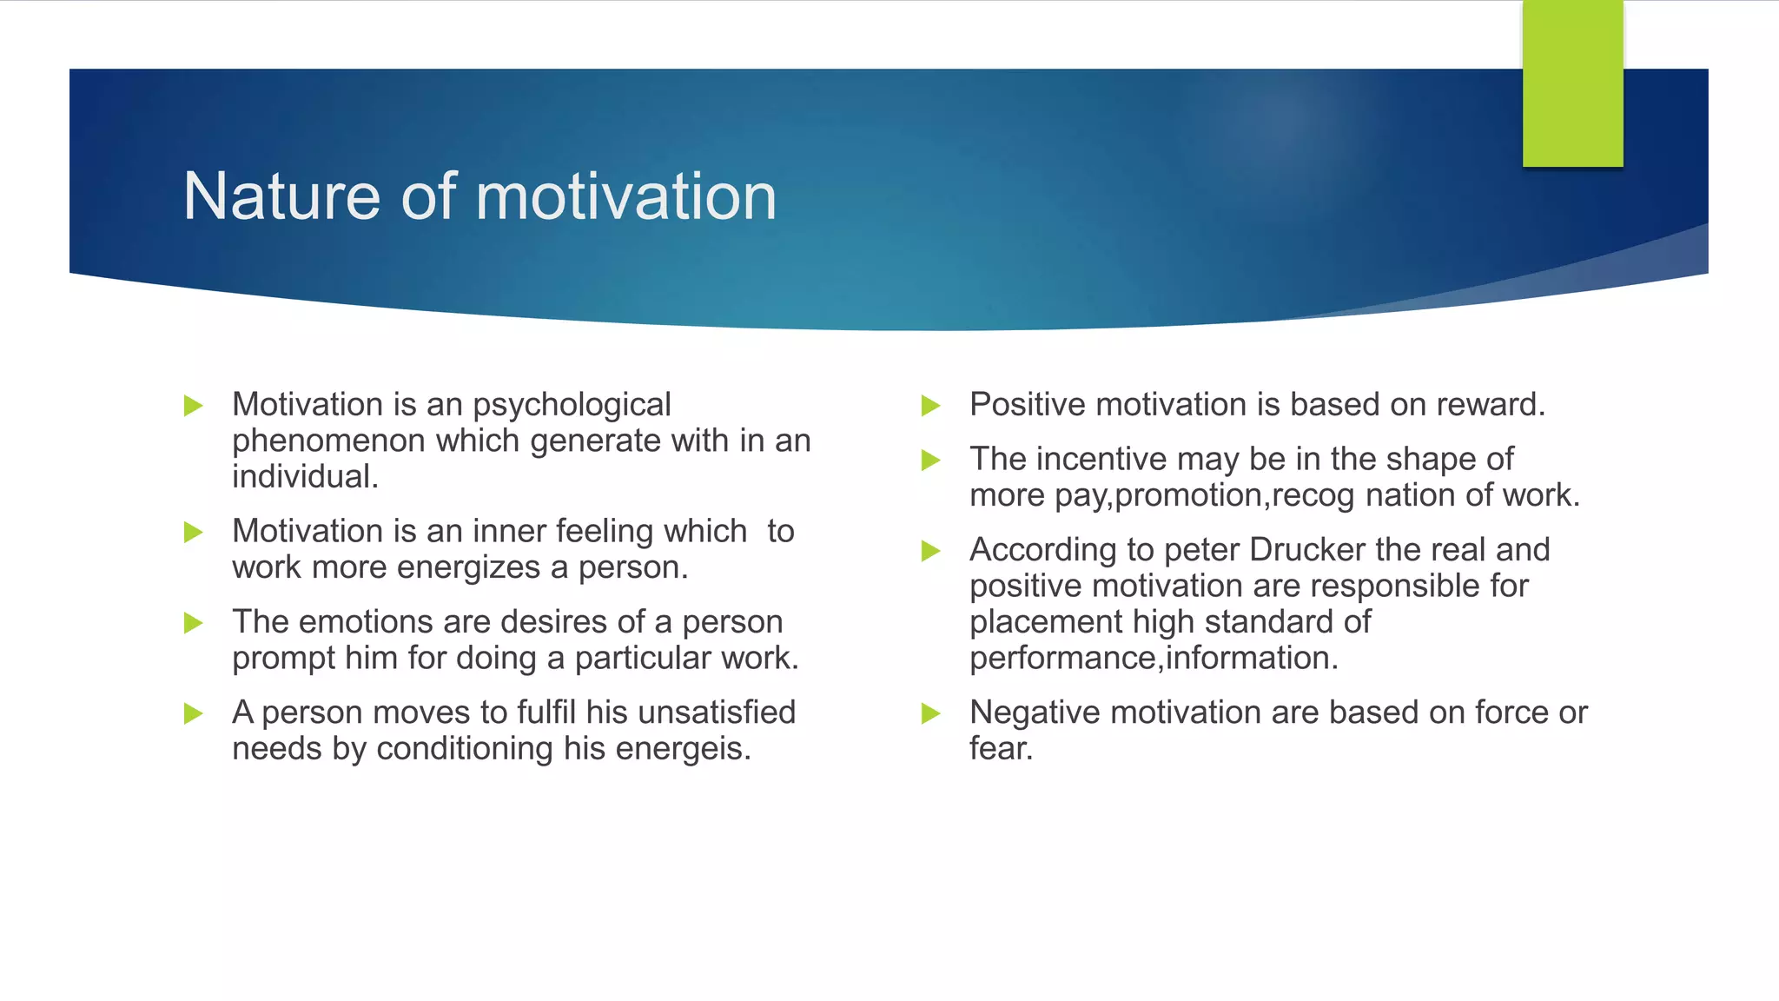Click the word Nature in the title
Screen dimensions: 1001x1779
tap(281, 196)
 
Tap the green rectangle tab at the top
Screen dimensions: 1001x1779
tap(1572, 83)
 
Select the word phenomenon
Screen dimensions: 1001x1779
tap(328, 441)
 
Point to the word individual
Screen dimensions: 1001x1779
tap(304, 477)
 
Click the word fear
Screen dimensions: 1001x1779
tap(1001, 749)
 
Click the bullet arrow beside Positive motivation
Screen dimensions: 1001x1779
tap(930, 406)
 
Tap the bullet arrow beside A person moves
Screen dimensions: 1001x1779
tap(193, 714)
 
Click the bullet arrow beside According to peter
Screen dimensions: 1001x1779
tap(930, 551)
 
